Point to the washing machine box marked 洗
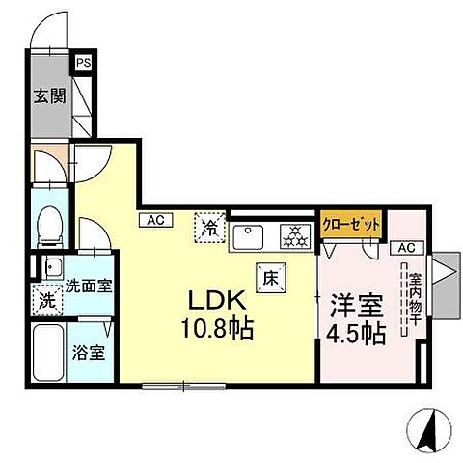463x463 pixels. pyautogui.click(x=46, y=298)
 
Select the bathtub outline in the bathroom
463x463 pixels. pyautogui.click(x=48, y=354)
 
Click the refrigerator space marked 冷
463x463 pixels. pyautogui.click(x=210, y=229)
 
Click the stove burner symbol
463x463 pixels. pyautogui.click(x=290, y=234)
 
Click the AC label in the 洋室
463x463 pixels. pyautogui.click(x=404, y=248)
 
